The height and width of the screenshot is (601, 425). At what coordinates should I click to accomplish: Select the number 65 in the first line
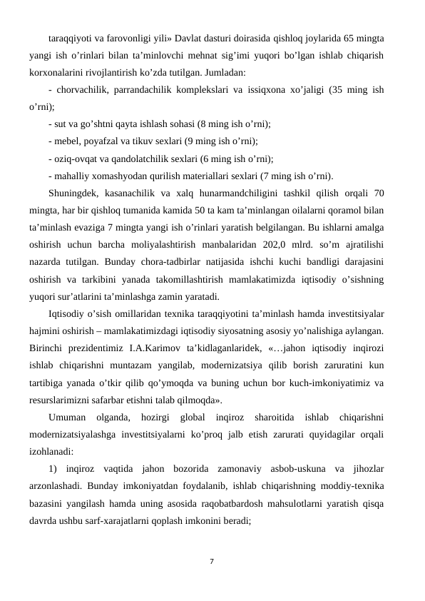(x=347, y=36)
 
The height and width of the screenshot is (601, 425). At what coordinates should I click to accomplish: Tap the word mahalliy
(x=71, y=176)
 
